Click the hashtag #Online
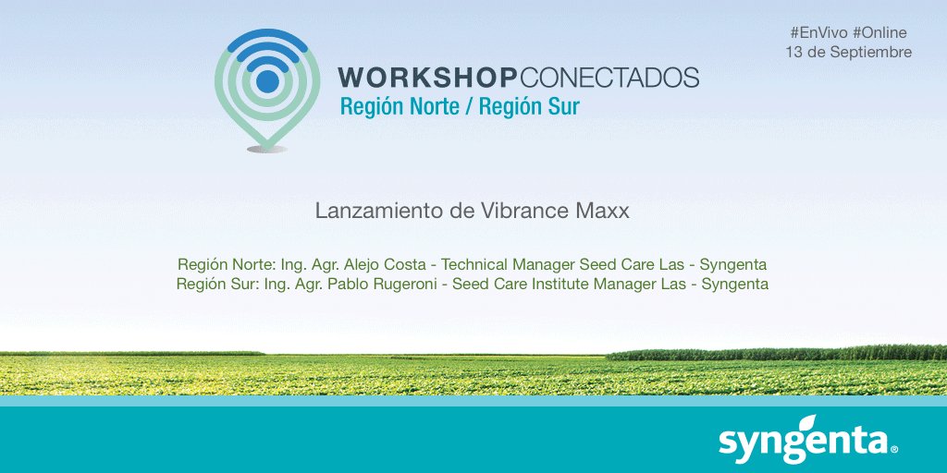pos(879,32)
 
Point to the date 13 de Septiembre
pos(848,53)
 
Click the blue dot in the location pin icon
pos(267,82)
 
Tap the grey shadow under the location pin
pos(267,149)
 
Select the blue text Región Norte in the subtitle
pos(400,106)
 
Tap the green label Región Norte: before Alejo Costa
pos(225,263)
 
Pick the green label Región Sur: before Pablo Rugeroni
pos(219,284)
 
